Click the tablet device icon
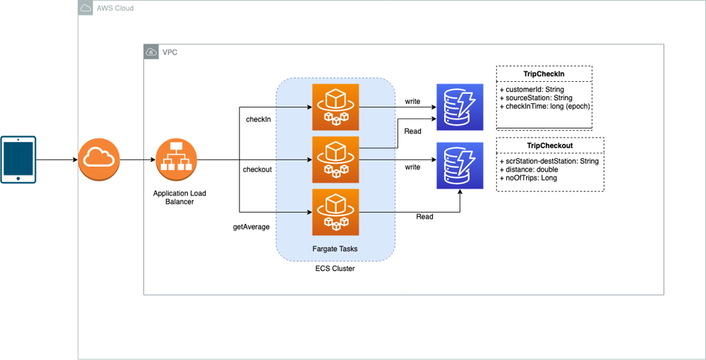(x=18, y=159)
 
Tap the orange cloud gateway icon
(x=100, y=160)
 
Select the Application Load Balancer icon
(x=176, y=160)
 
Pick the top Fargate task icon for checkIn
(x=335, y=107)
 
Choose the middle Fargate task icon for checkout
(x=335, y=160)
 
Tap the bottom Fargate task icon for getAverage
(x=335, y=212)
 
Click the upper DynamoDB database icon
(x=460, y=107)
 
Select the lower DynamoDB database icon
(x=460, y=166)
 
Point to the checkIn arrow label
(x=258, y=119)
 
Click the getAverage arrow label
(x=252, y=227)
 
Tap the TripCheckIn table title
(x=544, y=74)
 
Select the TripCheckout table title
(x=550, y=145)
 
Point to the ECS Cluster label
(x=335, y=268)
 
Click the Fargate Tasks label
(x=335, y=248)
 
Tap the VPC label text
(x=170, y=52)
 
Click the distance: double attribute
(x=532, y=169)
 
